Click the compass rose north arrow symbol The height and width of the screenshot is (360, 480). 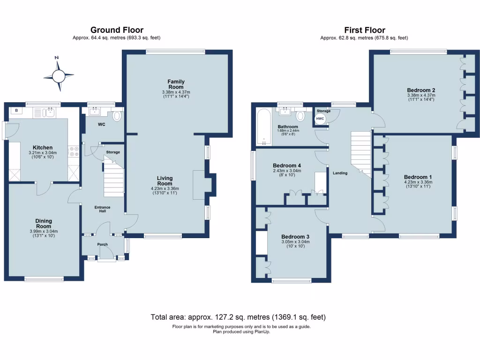[59, 75]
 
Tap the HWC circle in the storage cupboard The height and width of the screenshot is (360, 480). [320, 119]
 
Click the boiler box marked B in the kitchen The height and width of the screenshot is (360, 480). [17, 111]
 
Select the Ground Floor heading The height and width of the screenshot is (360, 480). [117, 30]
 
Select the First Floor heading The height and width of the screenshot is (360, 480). [364, 30]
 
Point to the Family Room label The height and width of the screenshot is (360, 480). [176, 84]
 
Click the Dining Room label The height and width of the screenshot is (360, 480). [44, 224]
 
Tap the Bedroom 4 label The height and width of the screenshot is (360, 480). [287, 165]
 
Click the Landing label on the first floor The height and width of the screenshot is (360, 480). [340, 173]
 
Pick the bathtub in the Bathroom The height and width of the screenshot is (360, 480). [263, 127]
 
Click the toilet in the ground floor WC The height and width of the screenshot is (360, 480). [117, 115]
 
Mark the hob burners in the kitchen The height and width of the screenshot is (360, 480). [74, 151]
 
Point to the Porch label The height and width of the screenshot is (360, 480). [102, 244]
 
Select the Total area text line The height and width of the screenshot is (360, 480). [238, 317]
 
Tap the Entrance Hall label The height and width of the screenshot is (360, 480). [102, 209]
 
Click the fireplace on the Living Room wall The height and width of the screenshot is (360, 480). [200, 185]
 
